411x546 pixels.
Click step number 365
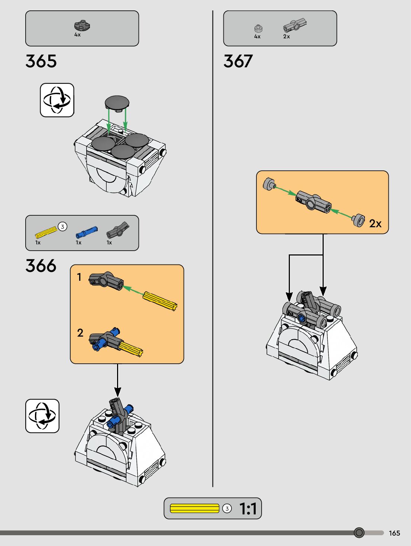click(41, 61)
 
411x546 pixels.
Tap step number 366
click(41, 266)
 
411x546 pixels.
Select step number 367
click(238, 61)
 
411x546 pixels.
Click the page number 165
click(394, 533)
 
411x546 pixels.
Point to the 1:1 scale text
click(248, 509)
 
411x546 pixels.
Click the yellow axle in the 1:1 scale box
click(194, 508)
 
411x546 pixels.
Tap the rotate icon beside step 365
click(57, 100)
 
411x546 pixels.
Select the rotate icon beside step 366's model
click(42, 416)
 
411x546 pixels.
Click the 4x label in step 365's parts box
click(77, 35)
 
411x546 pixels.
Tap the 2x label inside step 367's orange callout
click(375, 224)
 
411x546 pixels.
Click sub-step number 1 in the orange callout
click(79, 277)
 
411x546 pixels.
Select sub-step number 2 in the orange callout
click(80, 333)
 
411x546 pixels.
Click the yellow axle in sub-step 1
click(160, 301)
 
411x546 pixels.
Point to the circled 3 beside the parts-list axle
click(62, 227)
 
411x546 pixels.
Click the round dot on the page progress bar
click(359, 533)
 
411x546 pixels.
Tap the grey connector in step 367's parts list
click(295, 25)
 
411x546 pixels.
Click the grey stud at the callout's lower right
click(359, 220)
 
